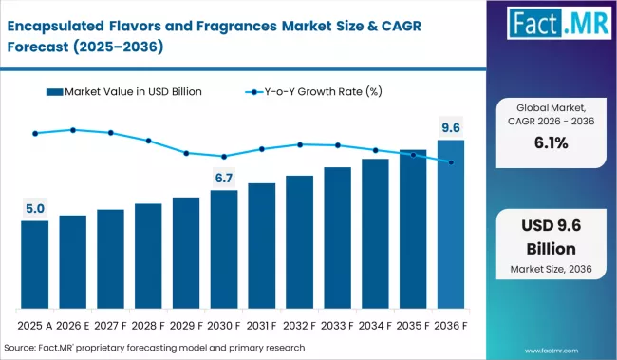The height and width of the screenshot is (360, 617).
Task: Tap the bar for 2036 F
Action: coord(451,224)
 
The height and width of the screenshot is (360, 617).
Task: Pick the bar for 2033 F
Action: coord(337,237)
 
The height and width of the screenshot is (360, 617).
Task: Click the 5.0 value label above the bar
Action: coord(34,208)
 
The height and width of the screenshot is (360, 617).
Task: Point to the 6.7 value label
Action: coord(224,178)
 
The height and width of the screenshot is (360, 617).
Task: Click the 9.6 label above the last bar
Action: coord(451,127)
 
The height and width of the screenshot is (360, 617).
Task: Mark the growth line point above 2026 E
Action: coord(72,129)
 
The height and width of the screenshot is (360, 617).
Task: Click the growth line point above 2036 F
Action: coord(451,162)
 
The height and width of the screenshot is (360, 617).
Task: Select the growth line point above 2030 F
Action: coord(224,157)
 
